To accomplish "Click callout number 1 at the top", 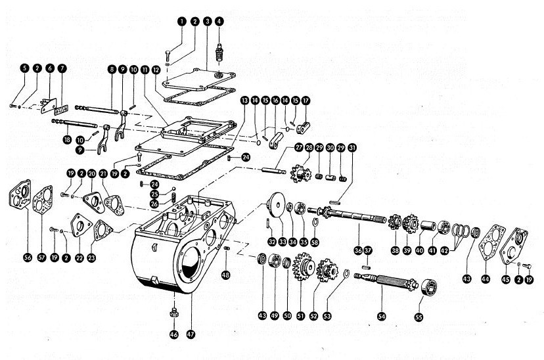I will tap(180, 22).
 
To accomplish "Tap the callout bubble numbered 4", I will tap(219, 22).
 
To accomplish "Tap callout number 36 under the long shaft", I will tap(358, 250).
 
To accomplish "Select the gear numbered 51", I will tap(303, 270).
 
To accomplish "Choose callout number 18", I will tap(67, 139).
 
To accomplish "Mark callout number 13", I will tap(244, 101).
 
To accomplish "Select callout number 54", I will tap(381, 316).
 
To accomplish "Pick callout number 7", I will tap(62, 68).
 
